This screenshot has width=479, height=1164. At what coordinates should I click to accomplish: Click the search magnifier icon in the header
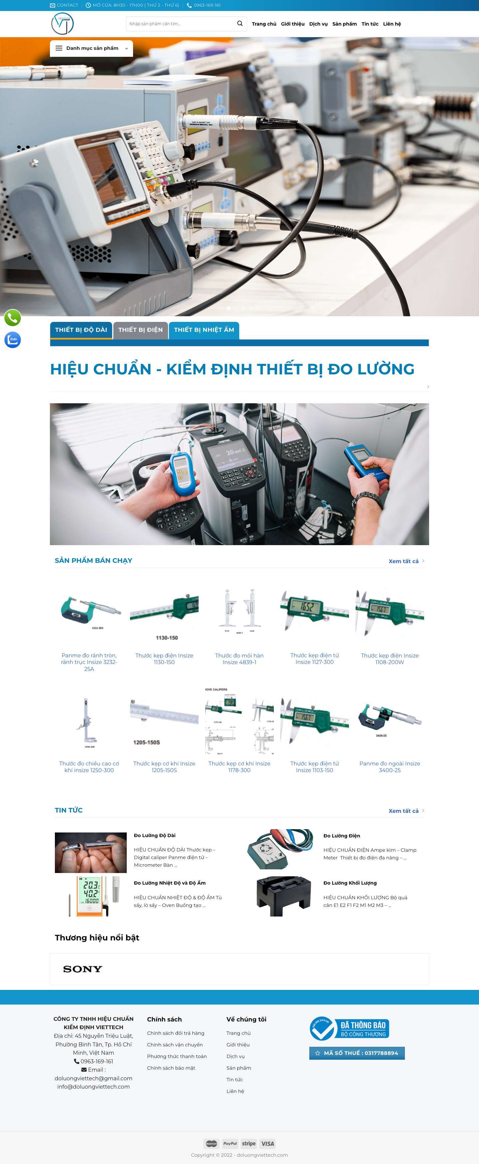click(x=240, y=24)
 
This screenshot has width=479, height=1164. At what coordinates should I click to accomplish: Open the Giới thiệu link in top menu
click(x=293, y=24)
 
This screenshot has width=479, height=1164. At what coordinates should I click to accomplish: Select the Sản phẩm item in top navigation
click(x=344, y=24)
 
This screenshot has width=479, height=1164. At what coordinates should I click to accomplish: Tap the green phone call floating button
click(x=13, y=318)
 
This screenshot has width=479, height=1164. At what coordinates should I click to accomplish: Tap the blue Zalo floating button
click(x=13, y=339)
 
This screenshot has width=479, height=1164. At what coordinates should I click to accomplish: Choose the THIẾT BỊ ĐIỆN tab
click(x=140, y=330)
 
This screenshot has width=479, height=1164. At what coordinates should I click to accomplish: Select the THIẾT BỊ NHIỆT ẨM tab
click(x=204, y=330)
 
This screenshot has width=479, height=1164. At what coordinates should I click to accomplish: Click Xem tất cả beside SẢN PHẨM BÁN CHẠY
click(x=403, y=561)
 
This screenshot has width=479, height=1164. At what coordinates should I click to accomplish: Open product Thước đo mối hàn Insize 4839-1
click(x=239, y=658)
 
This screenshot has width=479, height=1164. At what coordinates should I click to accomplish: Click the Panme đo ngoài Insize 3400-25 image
click(x=390, y=720)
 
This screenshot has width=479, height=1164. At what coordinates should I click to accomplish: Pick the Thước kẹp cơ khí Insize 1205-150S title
click(x=164, y=766)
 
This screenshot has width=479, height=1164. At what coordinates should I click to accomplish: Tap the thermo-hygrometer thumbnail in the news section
click(x=90, y=896)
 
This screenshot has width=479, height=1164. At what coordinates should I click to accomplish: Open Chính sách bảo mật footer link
click(x=171, y=1068)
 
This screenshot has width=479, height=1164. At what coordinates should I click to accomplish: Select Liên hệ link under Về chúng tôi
click(x=235, y=1091)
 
